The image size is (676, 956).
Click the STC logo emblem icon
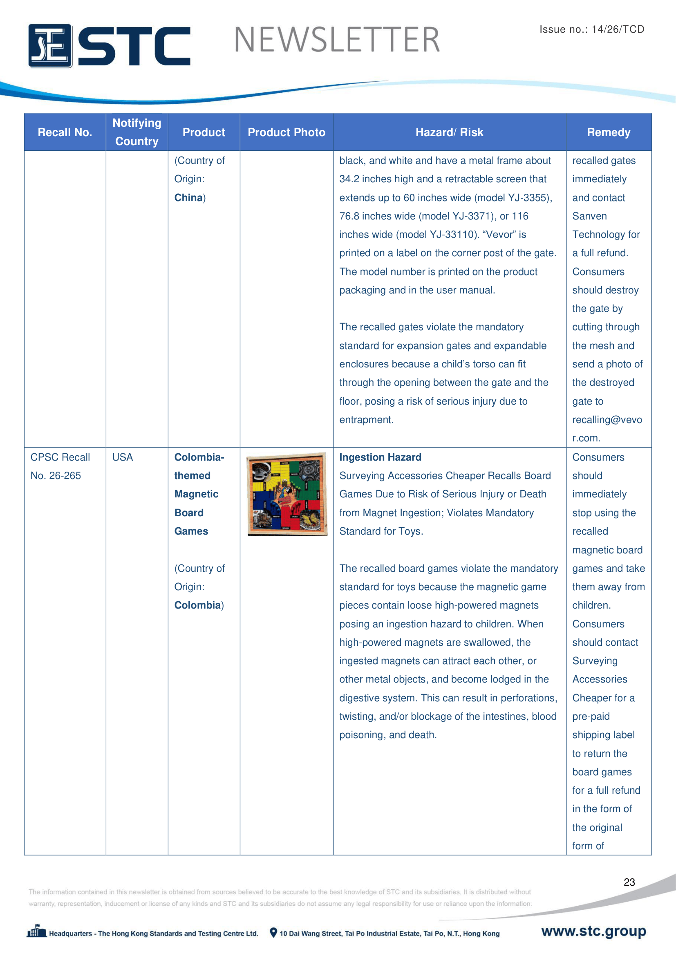pyautogui.click(x=50, y=46)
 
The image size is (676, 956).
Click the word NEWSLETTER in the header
pyautogui.click(x=337, y=40)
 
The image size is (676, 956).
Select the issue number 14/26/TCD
pyautogui.click(x=618, y=29)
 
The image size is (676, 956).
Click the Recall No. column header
pyautogui.click(x=65, y=132)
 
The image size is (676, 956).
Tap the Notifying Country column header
pyautogui.click(x=137, y=132)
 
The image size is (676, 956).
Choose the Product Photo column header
pyautogui.click(x=287, y=132)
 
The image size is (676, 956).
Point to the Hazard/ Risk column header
pyautogui.click(x=449, y=132)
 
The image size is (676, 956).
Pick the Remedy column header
pyautogui.click(x=608, y=132)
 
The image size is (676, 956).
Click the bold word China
pyautogui.click(x=188, y=198)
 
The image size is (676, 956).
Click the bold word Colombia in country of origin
pyautogui.click(x=197, y=605)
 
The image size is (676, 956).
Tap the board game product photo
pyautogui.click(x=287, y=494)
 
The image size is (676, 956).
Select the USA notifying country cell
pyautogui.click(x=123, y=457)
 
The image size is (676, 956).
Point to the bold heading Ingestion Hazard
pyautogui.click(x=380, y=457)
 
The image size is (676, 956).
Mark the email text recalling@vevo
pyautogui.click(x=607, y=420)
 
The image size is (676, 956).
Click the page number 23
pyautogui.click(x=629, y=882)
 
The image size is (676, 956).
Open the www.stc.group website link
pyautogui.click(x=593, y=931)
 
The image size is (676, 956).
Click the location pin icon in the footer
pyautogui.click(x=273, y=933)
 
